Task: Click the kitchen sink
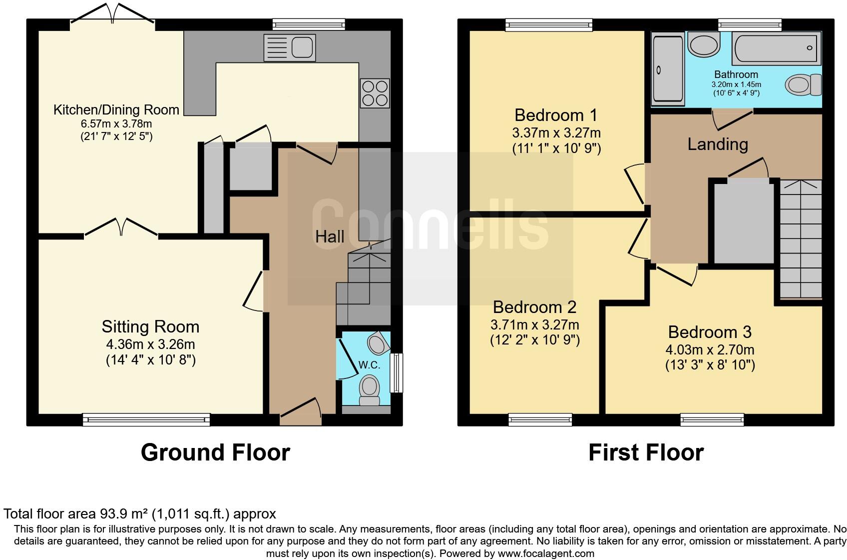click(x=290, y=47)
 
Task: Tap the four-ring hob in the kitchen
click(x=375, y=93)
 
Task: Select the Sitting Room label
click(x=150, y=326)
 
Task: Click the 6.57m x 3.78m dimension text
click(x=116, y=123)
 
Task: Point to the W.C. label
click(x=369, y=365)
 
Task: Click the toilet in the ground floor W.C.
click(x=370, y=389)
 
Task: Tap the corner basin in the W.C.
click(x=378, y=343)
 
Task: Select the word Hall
click(x=330, y=236)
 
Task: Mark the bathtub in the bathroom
click(x=777, y=48)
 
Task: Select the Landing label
click(x=717, y=144)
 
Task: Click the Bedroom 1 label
click(x=556, y=115)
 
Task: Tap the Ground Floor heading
click(x=215, y=452)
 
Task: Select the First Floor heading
click(x=646, y=452)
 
